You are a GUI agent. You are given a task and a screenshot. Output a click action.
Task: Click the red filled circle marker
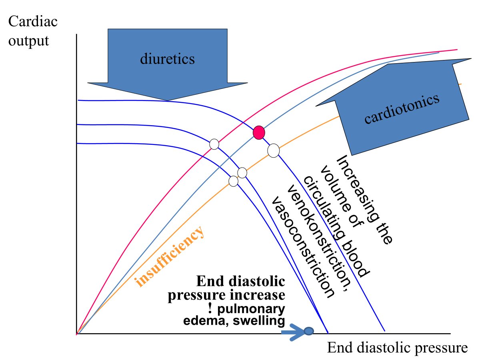(x=259, y=132)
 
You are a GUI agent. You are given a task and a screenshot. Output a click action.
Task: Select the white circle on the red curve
(x=214, y=144)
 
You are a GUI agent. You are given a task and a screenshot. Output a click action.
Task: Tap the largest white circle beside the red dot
(x=273, y=150)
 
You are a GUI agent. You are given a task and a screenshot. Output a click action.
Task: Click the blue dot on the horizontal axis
(x=308, y=331)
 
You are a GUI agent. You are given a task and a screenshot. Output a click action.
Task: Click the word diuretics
(x=167, y=59)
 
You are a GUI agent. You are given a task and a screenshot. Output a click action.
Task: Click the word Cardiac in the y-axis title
(x=33, y=22)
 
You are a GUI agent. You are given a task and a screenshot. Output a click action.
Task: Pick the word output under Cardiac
(x=29, y=40)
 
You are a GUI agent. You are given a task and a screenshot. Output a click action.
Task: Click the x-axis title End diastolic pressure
(x=397, y=348)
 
